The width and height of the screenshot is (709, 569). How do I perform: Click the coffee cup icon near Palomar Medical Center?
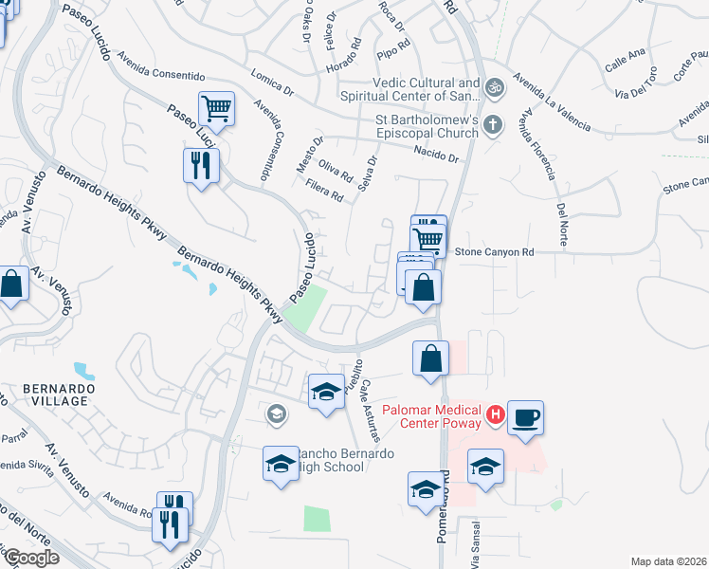pos(525,417)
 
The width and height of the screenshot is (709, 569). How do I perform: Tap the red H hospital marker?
pos(494,413)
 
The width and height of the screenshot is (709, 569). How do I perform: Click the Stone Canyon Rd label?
pos(495,252)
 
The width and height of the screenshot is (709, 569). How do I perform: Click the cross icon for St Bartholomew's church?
pos(492,124)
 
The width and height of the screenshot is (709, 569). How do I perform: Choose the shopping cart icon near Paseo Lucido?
pos(216,109)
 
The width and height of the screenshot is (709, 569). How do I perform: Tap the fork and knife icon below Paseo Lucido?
pos(201,166)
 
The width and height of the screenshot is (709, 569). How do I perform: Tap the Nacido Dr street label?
pos(435,155)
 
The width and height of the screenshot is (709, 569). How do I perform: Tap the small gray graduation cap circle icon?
pos(277,413)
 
